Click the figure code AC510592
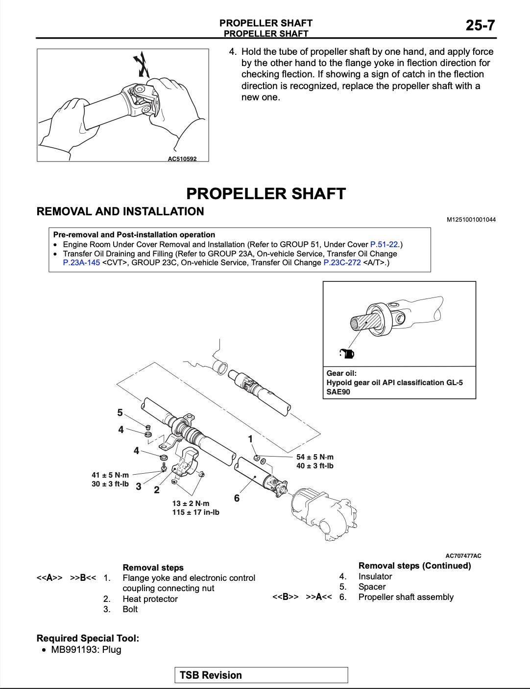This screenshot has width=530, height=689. point(182,159)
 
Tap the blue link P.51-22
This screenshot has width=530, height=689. point(384,244)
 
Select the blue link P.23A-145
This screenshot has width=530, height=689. point(81,263)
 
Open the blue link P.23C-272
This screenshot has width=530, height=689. point(342,263)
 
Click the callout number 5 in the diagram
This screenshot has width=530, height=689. point(120,413)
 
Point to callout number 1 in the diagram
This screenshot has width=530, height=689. point(250,439)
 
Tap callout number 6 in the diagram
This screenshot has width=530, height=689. point(237,498)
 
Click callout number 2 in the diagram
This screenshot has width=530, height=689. point(157,490)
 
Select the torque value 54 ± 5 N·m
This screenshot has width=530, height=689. point(315,457)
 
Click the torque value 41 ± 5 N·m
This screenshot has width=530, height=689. point(110,475)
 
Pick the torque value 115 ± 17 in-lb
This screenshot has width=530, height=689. point(195,512)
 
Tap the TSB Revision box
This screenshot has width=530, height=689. point(261,675)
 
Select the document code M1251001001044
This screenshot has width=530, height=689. point(471,220)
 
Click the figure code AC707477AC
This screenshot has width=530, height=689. point(463,555)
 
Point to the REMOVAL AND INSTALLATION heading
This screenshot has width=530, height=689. point(120,211)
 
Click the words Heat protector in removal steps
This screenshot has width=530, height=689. point(150,599)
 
